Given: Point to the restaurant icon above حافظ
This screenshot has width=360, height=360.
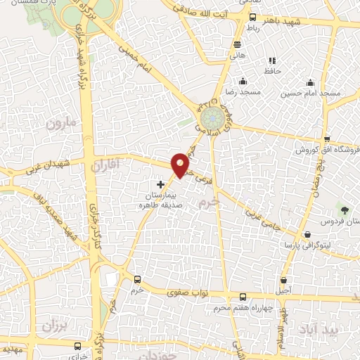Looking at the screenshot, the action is pyautogui.click(x=273, y=60).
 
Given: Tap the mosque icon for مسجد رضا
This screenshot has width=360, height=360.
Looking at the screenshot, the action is pyautogui.click(x=243, y=81).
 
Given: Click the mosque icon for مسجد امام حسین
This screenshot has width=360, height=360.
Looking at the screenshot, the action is pyautogui.click(x=309, y=82).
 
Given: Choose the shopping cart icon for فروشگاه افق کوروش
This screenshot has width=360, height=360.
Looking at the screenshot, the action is pyautogui.click(x=327, y=139).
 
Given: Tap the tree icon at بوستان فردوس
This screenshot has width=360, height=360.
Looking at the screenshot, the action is pyautogui.click(x=344, y=210).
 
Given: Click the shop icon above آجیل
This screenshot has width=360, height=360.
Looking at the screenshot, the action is pyautogui.click(x=284, y=279).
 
